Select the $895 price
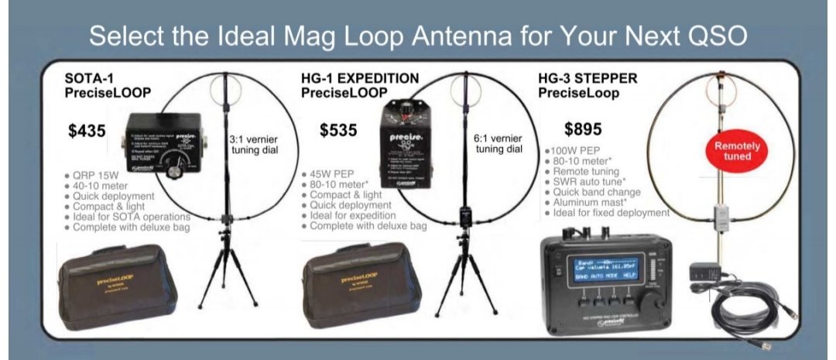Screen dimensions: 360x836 tap(583, 129)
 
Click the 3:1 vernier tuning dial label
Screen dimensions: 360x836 tap(256, 144)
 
